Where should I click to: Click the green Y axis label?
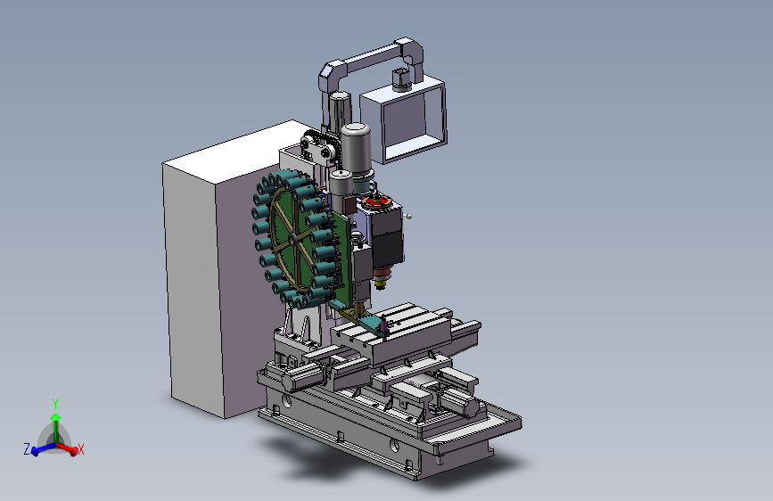(x=55, y=405)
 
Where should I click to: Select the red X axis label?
(x=81, y=449)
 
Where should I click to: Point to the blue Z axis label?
(x=27, y=449)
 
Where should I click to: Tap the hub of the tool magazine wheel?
(x=292, y=240)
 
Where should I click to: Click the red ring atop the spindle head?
(x=376, y=201)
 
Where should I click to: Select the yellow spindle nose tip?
(x=380, y=283)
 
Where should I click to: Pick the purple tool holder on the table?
(x=383, y=326)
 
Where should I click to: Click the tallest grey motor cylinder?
(x=356, y=149)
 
